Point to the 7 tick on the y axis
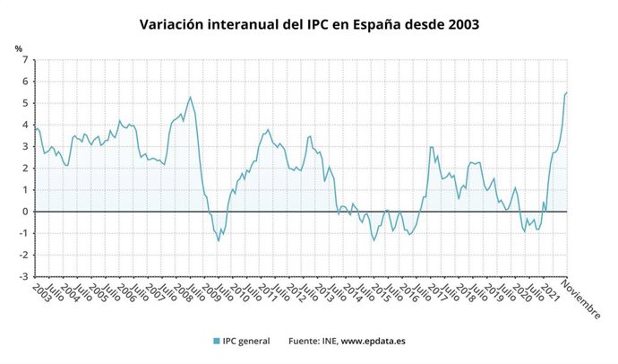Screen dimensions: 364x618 [25, 60]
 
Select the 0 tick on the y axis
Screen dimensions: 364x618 [25, 212]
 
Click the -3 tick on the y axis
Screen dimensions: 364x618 [23, 276]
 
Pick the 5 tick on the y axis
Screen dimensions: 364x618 [25, 103]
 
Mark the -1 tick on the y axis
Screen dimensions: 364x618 [23, 233]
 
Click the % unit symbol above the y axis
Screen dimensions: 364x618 [19, 48]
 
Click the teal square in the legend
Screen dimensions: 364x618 [218, 341]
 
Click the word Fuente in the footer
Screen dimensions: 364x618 [305, 341]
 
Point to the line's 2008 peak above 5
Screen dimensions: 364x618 [190, 97]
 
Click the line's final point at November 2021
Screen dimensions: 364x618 [567, 92]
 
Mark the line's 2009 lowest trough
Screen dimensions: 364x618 [219, 240]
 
